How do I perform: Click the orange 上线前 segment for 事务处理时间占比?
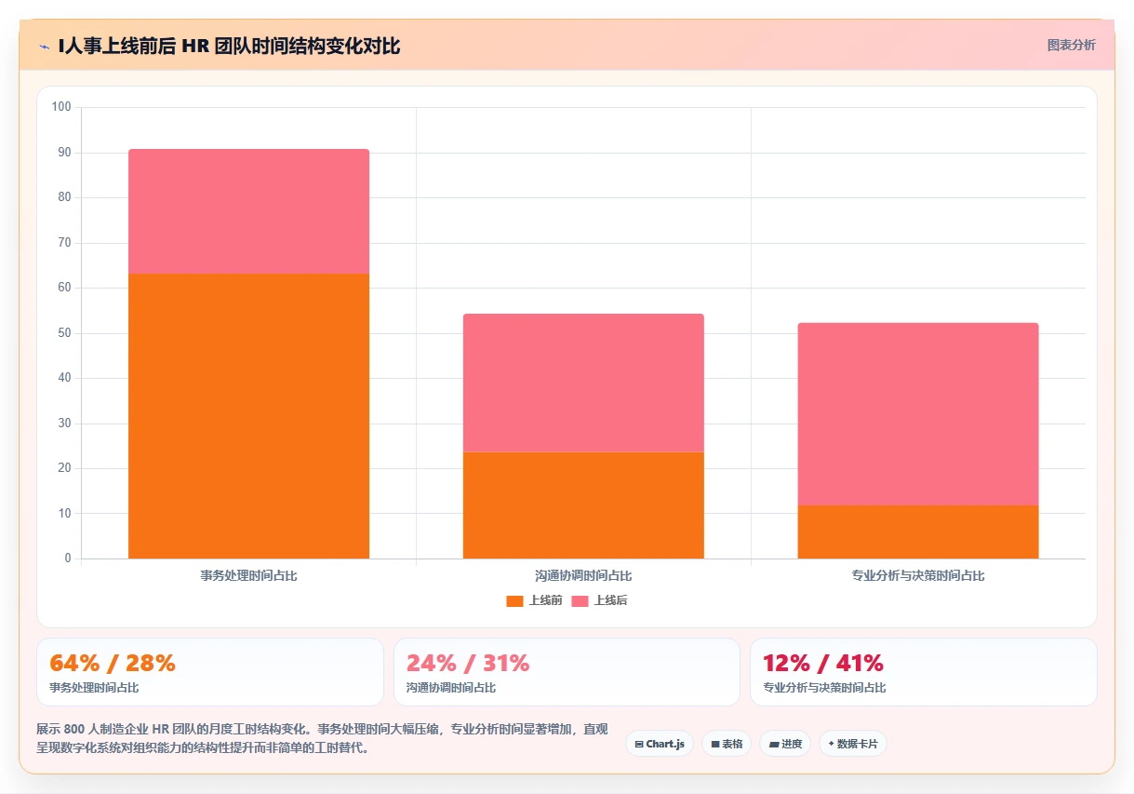(x=248, y=416)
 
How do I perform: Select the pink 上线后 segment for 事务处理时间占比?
(x=248, y=211)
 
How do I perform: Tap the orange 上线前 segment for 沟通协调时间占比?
(x=583, y=505)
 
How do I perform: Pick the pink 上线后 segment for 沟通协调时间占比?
(x=583, y=384)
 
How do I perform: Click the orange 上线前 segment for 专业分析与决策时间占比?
(x=918, y=532)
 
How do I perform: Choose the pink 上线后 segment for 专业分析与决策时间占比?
(x=918, y=414)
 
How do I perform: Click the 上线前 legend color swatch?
(x=514, y=601)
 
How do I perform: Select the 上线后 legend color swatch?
(x=580, y=601)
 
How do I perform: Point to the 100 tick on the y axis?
(x=61, y=107)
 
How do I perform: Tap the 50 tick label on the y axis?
(x=64, y=333)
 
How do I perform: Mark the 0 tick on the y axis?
(x=68, y=558)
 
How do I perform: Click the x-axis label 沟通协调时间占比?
(x=583, y=575)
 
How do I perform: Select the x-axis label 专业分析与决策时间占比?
(x=918, y=575)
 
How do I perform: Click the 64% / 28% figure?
(x=113, y=663)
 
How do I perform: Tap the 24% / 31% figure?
(x=468, y=663)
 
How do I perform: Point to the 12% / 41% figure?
(x=823, y=663)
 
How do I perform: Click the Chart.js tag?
(x=660, y=744)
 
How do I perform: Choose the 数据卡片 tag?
(x=852, y=744)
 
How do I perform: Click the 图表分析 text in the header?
(x=1072, y=45)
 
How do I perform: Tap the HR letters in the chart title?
(x=195, y=47)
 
